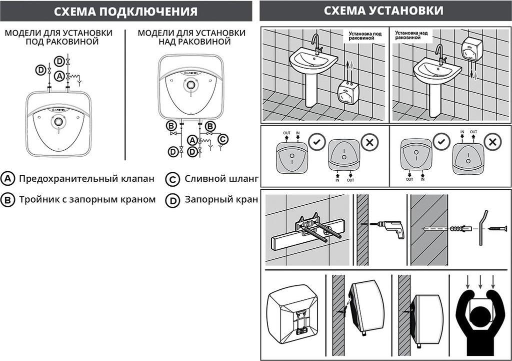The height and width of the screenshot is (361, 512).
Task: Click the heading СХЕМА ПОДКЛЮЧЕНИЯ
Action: (x=125, y=11)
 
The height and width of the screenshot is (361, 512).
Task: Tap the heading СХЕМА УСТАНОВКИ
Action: (x=383, y=11)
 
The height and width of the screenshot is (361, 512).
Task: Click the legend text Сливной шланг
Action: (x=220, y=179)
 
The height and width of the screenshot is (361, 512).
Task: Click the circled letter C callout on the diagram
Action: (x=223, y=139)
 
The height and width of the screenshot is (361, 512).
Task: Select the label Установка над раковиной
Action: (x=407, y=36)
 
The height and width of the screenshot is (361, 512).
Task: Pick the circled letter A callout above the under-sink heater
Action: (x=59, y=76)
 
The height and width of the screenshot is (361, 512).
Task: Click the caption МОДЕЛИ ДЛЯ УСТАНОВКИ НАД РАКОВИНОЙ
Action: (x=191, y=37)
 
